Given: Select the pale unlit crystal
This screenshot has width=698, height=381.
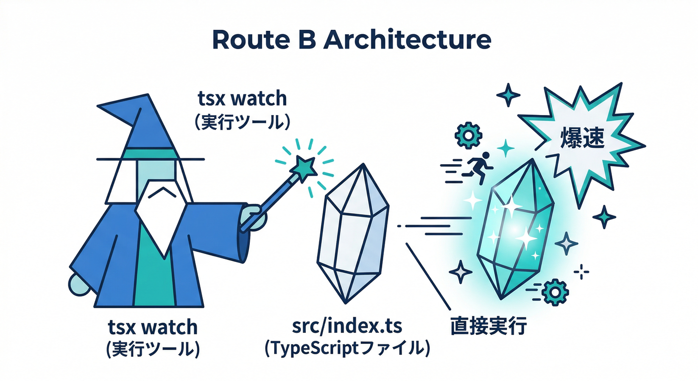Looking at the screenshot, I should click(x=353, y=233).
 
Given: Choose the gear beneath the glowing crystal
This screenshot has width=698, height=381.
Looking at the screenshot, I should click(x=552, y=291).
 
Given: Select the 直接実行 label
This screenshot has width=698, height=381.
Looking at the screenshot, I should click(x=488, y=327).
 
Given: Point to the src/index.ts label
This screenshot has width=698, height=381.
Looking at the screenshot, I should click(x=347, y=327).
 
